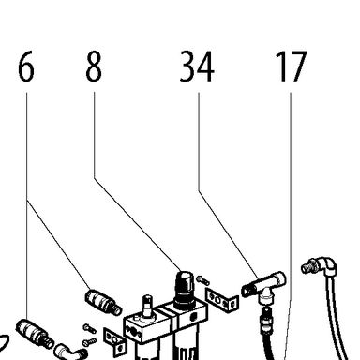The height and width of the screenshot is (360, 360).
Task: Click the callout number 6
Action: [26, 67]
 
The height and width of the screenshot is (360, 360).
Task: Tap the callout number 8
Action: [94, 67]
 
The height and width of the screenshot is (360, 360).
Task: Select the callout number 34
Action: [197, 67]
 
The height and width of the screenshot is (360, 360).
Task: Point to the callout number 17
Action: [292, 67]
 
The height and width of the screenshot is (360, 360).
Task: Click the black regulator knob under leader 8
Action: [185, 291]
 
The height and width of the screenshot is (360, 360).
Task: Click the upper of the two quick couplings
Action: [103, 302]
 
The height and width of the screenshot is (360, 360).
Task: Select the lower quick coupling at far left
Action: [35, 333]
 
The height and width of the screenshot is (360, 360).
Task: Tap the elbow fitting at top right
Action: [320, 266]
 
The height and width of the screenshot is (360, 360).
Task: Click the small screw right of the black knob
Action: [203, 280]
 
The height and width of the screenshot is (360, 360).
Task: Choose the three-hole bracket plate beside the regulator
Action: [221, 300]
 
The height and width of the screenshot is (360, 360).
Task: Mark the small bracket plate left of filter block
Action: [115, 341]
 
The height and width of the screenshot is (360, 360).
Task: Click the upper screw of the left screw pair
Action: [89, 328]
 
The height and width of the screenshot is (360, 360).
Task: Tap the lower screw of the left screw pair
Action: [89, 342]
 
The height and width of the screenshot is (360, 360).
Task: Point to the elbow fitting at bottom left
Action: [70, 352]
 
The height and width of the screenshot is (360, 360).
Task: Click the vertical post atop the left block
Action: [147, 307]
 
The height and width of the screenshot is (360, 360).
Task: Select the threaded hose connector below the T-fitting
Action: [265, 320]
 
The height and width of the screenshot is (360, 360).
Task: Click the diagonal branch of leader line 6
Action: [58, 245]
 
